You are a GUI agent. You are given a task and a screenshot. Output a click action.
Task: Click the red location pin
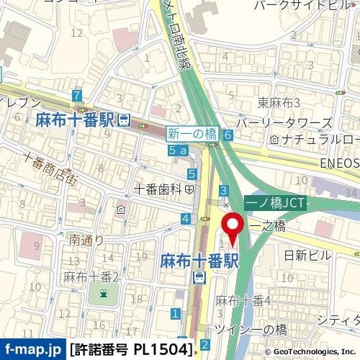[233, 227]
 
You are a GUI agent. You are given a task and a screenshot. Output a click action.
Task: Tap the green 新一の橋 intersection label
[192, 133]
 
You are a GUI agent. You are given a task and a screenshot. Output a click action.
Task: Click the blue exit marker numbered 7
[77, 96]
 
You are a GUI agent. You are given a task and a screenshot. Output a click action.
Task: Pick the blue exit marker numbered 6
[228, 135]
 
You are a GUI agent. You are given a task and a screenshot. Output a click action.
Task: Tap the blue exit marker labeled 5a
[178, 150]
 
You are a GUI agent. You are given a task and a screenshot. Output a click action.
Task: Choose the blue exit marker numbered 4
[186, 219]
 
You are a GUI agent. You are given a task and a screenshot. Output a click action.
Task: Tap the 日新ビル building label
[306, 255]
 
